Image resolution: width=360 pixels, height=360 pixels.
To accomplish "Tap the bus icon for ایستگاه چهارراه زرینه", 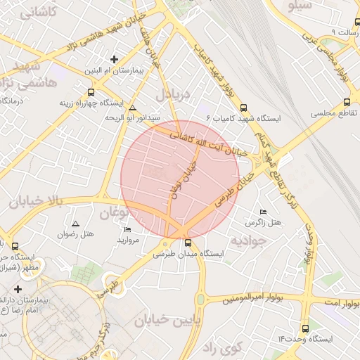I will (91, 92).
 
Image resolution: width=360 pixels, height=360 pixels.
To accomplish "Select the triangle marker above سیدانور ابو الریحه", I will (133, 108).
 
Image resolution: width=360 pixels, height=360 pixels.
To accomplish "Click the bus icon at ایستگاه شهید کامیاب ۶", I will (243, 108).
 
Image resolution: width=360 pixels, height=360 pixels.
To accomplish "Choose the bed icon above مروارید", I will (127, 229).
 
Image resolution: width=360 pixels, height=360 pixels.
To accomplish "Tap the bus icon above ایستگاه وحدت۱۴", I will (304, 328).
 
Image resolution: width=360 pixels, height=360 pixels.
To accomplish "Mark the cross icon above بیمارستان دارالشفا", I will (18, 289).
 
